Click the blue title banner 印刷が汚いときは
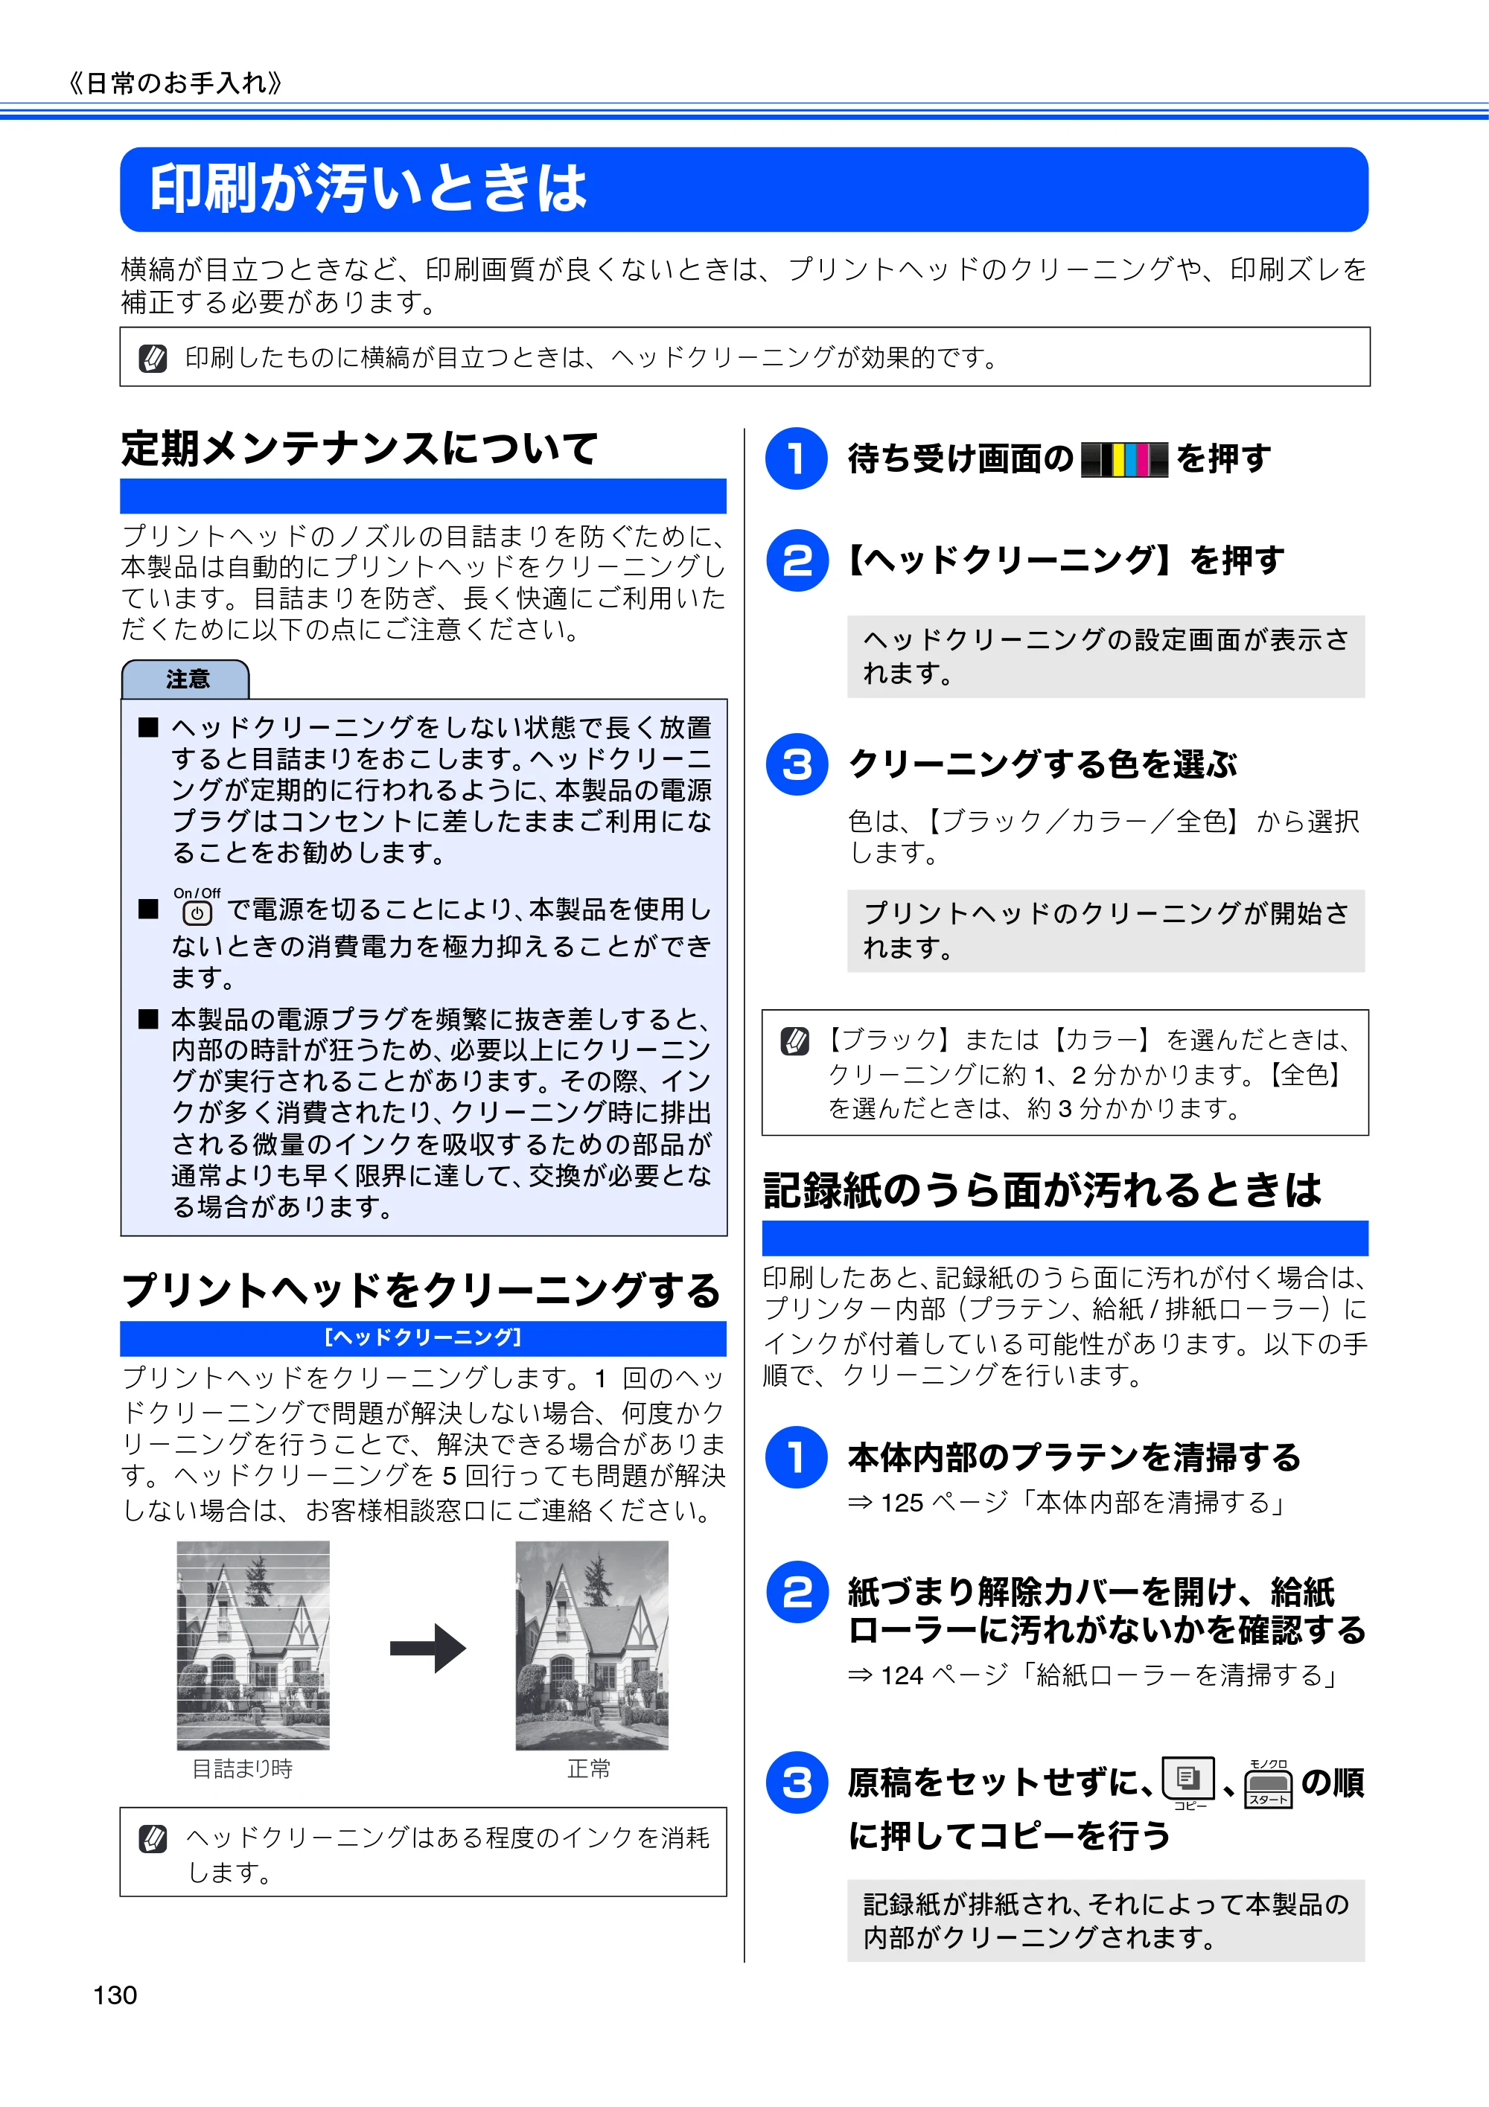point(744,189)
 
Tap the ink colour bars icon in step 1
point(1124,459)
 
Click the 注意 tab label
point(188,679)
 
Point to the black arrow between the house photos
point(428,1648)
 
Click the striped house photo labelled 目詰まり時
point(253,1645)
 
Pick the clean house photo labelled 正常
point(592,1645)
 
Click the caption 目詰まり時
point(243,1768)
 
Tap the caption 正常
point(588,1768)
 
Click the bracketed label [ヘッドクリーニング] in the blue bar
point(423,1337)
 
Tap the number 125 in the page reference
point(902,1503)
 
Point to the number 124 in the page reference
point(902,1675)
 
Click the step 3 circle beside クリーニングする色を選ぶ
point(797,764)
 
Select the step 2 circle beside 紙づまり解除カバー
point(797,1591)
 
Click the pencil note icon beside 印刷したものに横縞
point(153,358)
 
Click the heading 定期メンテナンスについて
point(359,449)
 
